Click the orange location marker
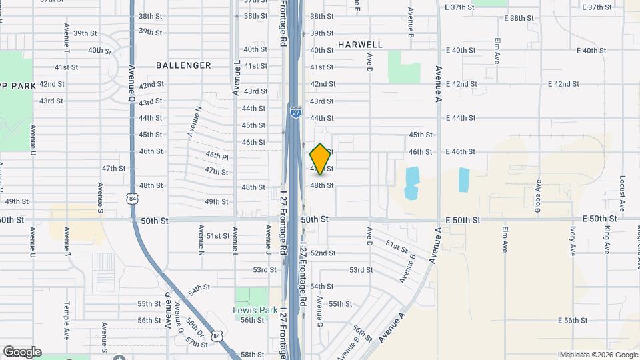(x=320, y=159)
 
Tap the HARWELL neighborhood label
(x=360, y=45)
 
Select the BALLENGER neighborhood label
(x=183, y=65)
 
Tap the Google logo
(x=21, y=352)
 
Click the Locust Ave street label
(x=621, y=193)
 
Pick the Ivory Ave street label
(x=572, y=240)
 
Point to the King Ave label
(x=607, y=239)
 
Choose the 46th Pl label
(x=217, y=155)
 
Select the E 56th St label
(x=565, y=321)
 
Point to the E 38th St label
(x=521, y=19)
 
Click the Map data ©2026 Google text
(x=598, y=355)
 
